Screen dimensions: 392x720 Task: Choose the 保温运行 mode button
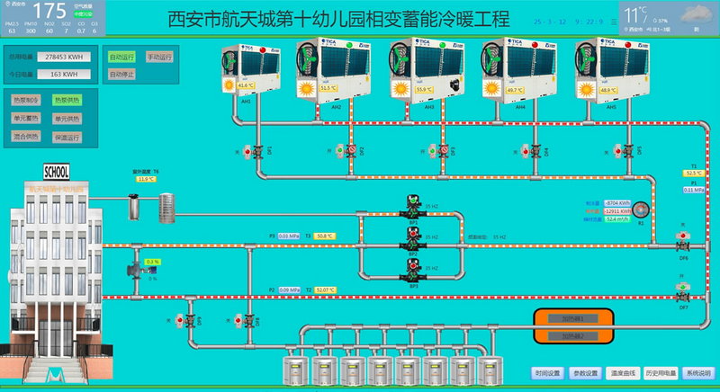pyautogui.click(x=66, y=137)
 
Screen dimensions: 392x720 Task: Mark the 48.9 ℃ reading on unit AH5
pyautogui.click(x=608, y=90)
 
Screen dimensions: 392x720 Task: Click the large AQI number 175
pyautogui.click(x=56, y=11)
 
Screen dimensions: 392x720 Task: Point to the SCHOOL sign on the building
pyautogui.click(x=56, y=172)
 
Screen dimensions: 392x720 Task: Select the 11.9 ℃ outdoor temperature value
pyautogui.click(x=146, y=179)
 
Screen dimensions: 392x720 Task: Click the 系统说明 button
pyautogui.click(x=697, y=372)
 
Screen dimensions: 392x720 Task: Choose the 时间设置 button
pyautogui.click(x=547, y=372)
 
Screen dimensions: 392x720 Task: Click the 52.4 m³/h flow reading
pyautogui.click(x=617, y=218)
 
